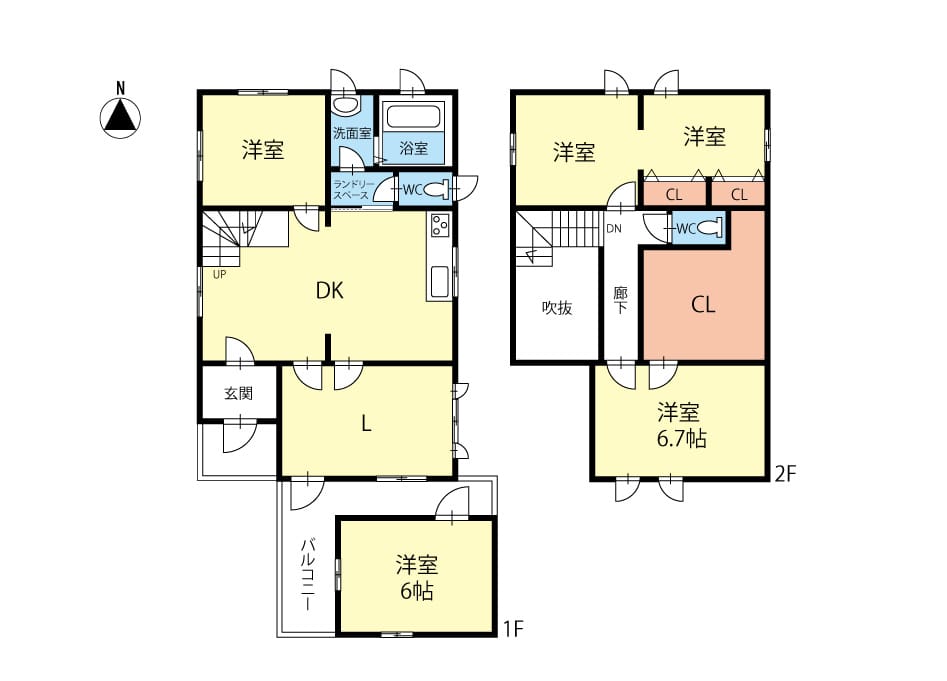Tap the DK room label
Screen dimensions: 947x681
[330, 291]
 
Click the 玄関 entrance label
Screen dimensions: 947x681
[239, 394]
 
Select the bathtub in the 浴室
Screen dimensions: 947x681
[414, 116]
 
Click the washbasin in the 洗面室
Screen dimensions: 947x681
[345, 105]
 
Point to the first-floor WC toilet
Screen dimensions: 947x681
[436, 190]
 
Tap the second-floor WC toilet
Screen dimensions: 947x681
[710, 228]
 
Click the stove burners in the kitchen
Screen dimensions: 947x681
[439, 226]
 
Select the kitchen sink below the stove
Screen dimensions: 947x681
[439, 283]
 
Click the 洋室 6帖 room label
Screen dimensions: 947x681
[417, 578]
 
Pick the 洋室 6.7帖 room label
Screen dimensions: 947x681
[681, 426]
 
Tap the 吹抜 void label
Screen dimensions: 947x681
[557, 308]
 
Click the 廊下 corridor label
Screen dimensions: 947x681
[620, 300]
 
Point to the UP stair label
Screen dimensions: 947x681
[219, 275]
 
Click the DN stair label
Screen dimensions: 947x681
[614, 229]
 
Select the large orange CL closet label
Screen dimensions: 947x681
[704, 305]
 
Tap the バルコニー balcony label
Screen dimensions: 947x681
[308, 574]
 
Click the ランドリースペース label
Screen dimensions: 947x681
[354, 190]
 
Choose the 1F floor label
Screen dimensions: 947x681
[513, 630]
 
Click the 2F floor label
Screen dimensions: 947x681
[786, 475]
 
